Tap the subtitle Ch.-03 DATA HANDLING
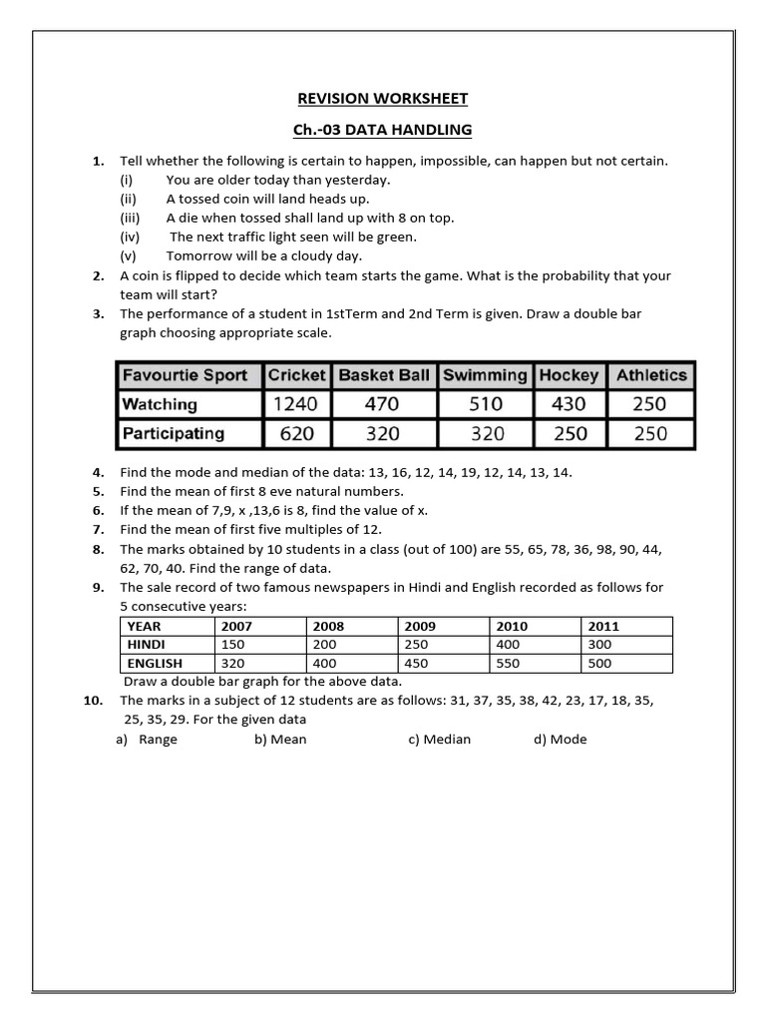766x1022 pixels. coord(384,130)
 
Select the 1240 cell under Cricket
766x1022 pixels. coord(296,404)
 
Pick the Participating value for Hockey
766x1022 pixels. coord(570,434)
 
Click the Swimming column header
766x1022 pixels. coord(485,375)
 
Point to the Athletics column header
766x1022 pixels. coord(651,375)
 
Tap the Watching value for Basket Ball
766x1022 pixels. coord(383,404)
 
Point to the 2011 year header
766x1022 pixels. coord(603,626)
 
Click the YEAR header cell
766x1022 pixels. coord(144,626)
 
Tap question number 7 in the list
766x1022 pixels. coord(99,529)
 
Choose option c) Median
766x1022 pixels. coord(439,740)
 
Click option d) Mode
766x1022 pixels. coord(561,740)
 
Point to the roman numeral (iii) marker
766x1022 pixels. coord(130,218)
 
